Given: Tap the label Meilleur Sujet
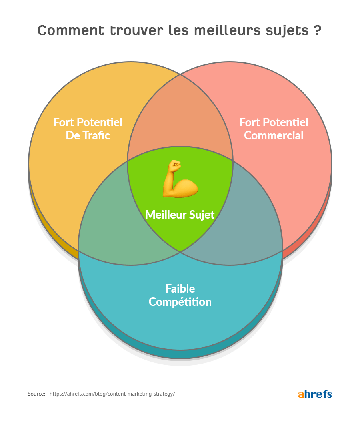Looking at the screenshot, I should [x=180, y=215].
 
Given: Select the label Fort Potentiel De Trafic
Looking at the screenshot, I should [x=88, y=129].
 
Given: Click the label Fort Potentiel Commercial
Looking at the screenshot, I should [x=274, y=129].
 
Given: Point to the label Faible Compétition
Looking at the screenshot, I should [x=180, y=295].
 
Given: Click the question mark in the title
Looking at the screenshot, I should [x=317, y=31].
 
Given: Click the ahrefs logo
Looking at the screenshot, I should [x=315, y=394].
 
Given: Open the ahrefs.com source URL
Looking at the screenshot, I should [x=112, y=394].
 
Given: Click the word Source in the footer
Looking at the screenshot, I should [x=36, y=394].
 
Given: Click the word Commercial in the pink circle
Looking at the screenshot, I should [x=274, y=135].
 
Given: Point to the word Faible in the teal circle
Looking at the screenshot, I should [x=180, y=288].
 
